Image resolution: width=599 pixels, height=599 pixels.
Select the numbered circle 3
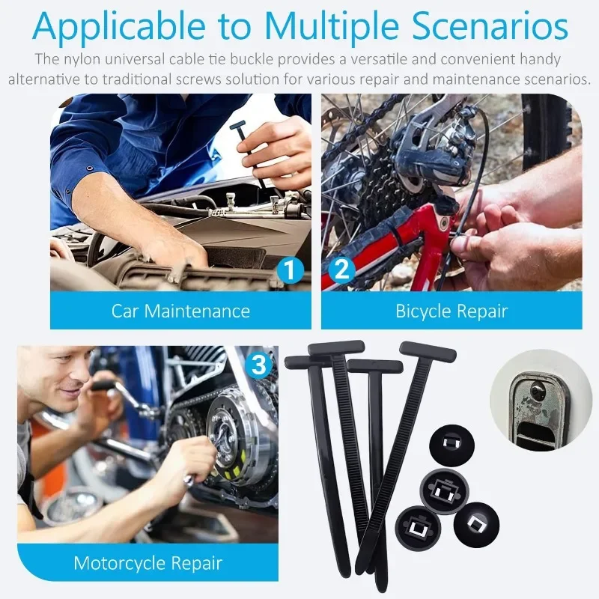[x=258, y=365]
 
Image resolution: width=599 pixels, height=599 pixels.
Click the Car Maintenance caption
[x=180, y=311]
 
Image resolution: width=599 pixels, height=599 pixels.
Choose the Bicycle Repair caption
[x=451, y=311]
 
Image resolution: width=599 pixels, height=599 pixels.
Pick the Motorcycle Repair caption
[x=148, y=562]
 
